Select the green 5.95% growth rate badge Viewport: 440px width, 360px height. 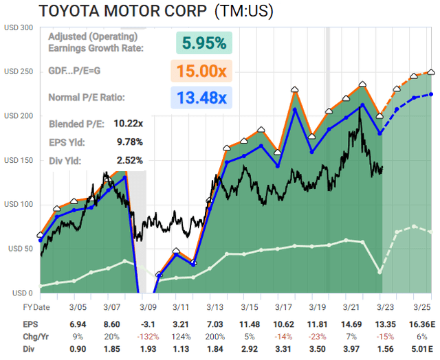[x=203, y=43]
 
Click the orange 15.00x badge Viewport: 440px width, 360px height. [x=204, y=71]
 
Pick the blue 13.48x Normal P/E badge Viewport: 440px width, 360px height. [x=204, y=98]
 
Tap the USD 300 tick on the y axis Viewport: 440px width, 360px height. [x=18, y=27]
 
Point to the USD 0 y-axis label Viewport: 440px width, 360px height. [x=21, y=293]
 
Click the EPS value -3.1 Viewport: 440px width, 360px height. [x=149, y=322]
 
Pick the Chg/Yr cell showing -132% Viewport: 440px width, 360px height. [x=148, y=335]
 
